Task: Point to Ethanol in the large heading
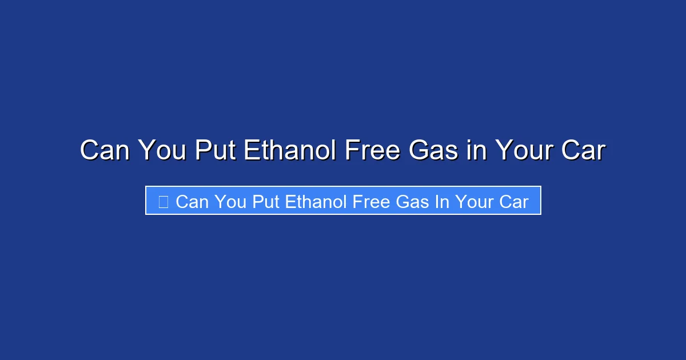click(x=289, y=151)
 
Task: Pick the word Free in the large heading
click(x=373, y=151)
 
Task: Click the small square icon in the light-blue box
click(x=163, y=202)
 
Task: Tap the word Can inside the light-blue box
click(x=192, y=202)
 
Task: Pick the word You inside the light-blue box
click(x=232, y=202)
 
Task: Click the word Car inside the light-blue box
click(x=514, y=202)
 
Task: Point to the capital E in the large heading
click(x=253, y=151)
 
